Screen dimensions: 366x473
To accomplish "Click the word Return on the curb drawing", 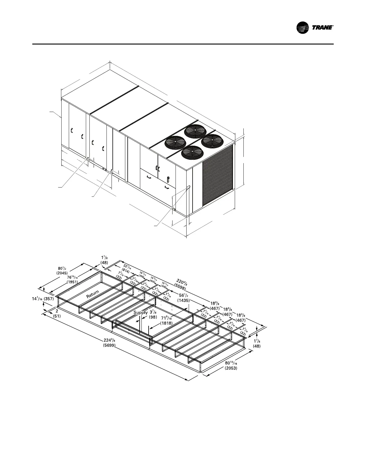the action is [x=93, y=294].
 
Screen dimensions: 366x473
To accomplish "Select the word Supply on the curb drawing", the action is [x=140, y=313].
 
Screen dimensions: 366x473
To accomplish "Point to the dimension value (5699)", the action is [x=107, y=345].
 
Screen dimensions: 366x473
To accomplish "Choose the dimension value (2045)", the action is [x=62, y=273].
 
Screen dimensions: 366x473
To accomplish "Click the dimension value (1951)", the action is [x=72, y=282].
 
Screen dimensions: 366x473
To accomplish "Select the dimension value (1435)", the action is [x=183, y=301].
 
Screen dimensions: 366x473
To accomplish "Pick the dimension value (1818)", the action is [x=166, y=323].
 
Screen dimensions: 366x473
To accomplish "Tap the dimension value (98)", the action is [x=153, y=317].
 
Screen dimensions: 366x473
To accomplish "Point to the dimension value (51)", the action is [x=57, y=315].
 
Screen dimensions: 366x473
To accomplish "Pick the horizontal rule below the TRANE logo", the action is [x=183, y=44].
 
